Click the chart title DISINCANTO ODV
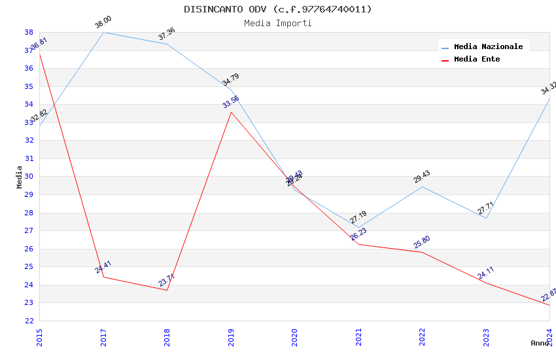point(278,9)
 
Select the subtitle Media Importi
point(278,23)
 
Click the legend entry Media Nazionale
point(488,46)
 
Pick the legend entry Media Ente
point(477,59)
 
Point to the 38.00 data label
point(103,22)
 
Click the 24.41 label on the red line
point(103,267)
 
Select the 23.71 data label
point(167,280)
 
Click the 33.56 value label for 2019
point(231,102)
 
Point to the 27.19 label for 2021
point(358,217)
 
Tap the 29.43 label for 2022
point(422,177)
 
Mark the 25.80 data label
point(422,242)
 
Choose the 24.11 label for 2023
point(486,273)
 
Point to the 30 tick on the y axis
point(29,177)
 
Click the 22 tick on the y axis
point(29,321)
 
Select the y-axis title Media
point(19,177)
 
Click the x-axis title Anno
point(540,343)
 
